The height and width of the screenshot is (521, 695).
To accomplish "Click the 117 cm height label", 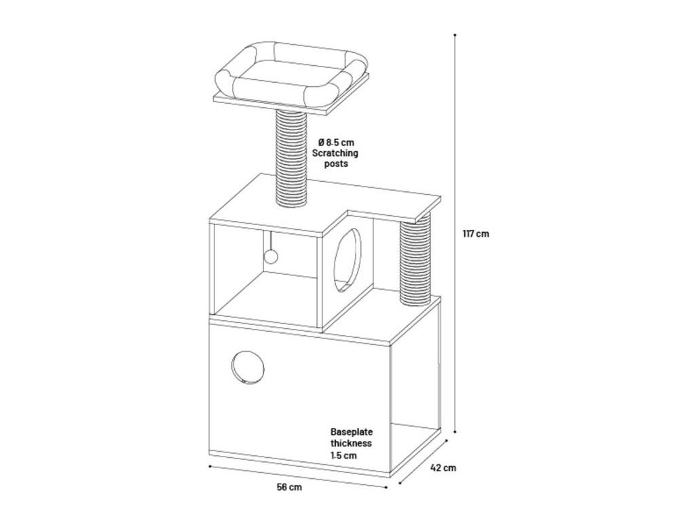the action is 475,234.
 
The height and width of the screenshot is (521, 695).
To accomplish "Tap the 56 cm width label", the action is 290,487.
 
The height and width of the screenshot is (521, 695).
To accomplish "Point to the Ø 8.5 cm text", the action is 336,142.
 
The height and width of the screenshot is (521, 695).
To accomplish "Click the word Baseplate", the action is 352,431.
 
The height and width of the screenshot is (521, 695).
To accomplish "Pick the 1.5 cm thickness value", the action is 343,456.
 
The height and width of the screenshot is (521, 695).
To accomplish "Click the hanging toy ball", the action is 270,256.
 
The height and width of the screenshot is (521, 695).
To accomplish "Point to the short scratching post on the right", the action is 415,261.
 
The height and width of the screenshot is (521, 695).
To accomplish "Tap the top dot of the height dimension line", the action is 454,34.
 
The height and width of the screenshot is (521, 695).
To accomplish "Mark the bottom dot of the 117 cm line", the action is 454,431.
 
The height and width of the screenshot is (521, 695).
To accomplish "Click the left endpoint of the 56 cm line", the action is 210,466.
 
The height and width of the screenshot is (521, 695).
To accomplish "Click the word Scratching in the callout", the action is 335,153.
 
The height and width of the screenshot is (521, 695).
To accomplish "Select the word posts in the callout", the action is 335,164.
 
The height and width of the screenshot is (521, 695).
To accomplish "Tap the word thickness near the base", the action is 351,444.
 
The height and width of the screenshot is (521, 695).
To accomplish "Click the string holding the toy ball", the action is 270,241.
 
